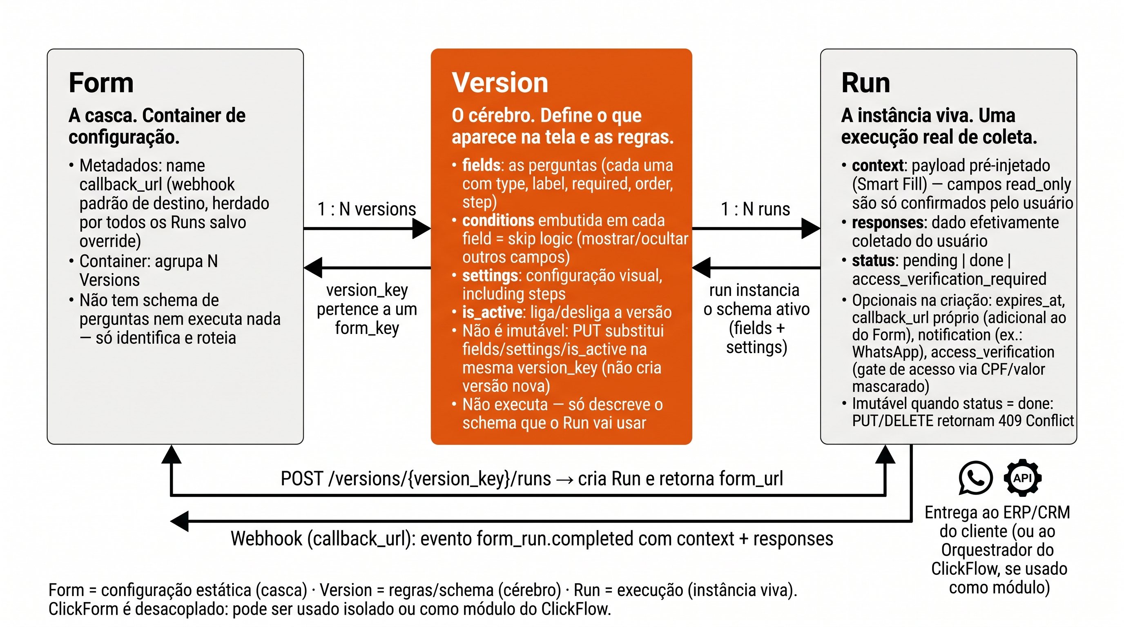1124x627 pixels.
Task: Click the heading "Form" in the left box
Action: [101, 83]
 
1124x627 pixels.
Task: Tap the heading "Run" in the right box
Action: [866, 83]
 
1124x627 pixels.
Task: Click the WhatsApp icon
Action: [976, 478]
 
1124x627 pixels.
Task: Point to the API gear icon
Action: [1023, 478]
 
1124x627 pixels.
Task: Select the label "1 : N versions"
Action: [366, 209]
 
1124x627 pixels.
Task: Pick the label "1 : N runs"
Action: [755, 209]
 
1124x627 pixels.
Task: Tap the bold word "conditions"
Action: [498, 220]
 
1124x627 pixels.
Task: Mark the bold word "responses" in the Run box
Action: [888, 223]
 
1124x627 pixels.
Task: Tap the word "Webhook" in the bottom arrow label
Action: [267, 539]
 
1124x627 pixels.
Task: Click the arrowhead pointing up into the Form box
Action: [172, 454]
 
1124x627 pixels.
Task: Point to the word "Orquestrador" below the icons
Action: [997, 550]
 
